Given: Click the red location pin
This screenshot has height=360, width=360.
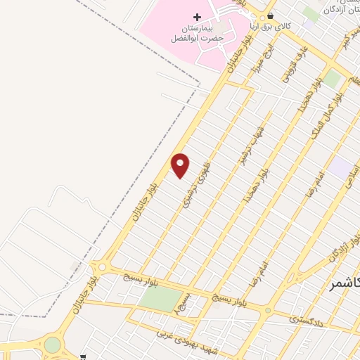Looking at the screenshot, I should click(181, 165).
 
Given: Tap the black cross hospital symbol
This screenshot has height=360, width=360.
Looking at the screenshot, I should click(196, 16).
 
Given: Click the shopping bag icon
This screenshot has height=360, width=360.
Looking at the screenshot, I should click(271, 16).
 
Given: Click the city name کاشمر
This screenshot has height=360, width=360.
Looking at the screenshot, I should click(345, 283).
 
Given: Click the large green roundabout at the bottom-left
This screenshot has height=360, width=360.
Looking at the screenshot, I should click(53, 345).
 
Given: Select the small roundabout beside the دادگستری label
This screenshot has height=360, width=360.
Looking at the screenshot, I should click(268, 310).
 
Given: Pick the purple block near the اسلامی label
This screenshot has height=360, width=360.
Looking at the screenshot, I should click(342, 167).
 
